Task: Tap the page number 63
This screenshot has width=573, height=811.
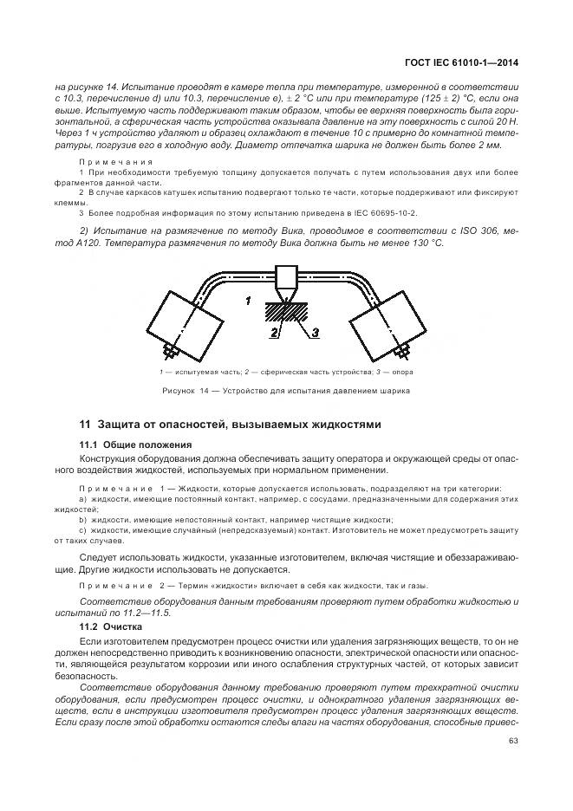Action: pos(512,739)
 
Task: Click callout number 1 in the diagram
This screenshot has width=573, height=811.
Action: pos(248,302)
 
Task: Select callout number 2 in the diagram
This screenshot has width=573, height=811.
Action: pos(272,331)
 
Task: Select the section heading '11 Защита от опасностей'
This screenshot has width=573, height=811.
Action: pos(230,425)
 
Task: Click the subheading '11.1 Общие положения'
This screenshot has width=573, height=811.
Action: pos(134,444)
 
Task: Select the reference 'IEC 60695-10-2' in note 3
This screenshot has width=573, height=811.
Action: pos(386,211)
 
